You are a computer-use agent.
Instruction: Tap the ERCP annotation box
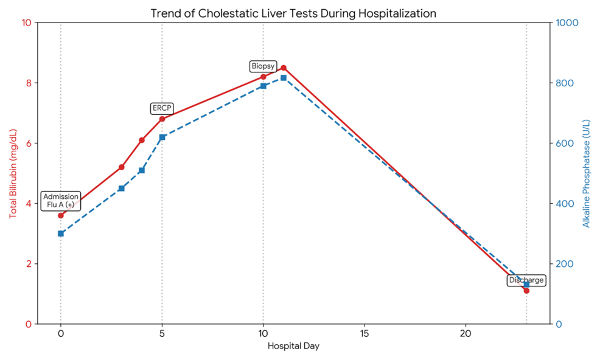162,108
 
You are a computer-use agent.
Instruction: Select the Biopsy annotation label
263,66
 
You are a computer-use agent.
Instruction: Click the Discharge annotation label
526,280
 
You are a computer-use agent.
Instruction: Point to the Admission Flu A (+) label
61,201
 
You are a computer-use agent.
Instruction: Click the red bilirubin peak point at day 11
284,67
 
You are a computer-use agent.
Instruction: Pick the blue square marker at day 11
284,78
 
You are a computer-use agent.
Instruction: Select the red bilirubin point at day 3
122,167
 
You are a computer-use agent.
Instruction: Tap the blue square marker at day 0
61,234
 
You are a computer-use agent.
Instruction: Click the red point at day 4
142,140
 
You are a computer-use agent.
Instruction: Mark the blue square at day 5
162,137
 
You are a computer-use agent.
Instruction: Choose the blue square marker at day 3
122,189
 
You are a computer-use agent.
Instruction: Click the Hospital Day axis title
293,347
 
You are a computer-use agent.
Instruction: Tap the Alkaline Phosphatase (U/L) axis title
587,173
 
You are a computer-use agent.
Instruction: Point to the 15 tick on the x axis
365,334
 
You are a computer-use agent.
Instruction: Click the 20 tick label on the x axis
466,334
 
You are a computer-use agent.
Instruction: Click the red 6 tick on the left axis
28,144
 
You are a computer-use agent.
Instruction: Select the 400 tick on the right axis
563,204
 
